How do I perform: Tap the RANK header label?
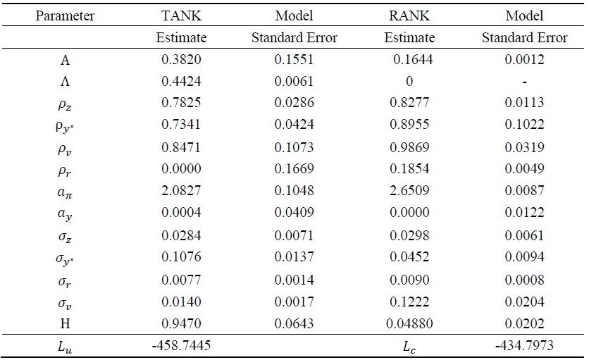[409, 15]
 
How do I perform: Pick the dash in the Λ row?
[524, 82]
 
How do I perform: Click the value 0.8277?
[409, 102]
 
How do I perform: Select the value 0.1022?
[524, 124]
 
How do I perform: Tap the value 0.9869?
[409, 146]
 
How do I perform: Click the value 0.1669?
[295, 168]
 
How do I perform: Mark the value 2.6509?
[409, 190]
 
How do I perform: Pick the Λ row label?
[65, 81]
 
